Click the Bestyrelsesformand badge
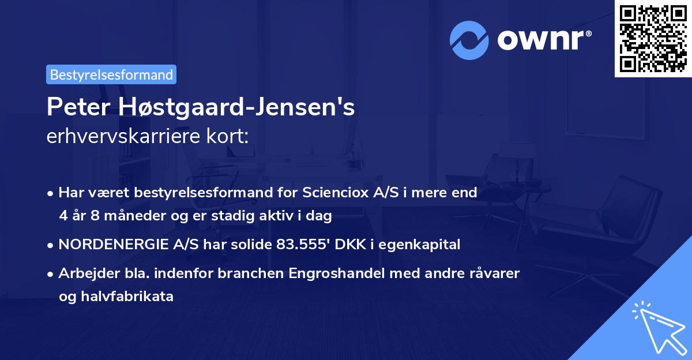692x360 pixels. [x=111, y=74]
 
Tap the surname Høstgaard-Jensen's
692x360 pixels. [x=234, y=108]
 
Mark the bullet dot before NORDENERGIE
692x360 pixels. [x=51, y=245]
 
